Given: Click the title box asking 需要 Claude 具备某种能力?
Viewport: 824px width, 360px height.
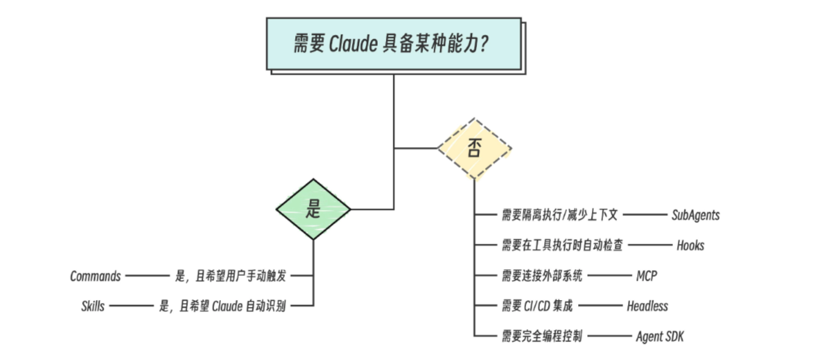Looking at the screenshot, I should pyautogui.click(x=393, y=44).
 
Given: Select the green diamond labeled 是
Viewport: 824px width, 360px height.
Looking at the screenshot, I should pyautogui.click(x=313, y=209).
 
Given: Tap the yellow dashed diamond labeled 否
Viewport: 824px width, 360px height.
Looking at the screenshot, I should pyautogui.click(x=474, y=148).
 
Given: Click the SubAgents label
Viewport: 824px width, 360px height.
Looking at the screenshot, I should pyautogui.click(x=696, y=215).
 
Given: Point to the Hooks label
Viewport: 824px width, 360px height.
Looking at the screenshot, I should pyautogui.click(x=690, y=245).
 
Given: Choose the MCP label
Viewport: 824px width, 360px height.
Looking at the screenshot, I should pyautogui.click(x=646, y=276).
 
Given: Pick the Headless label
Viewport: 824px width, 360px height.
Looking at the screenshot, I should pyautogui.click(x=647, y=306).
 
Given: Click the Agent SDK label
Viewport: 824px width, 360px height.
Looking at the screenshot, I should pyautogui.click(x=660, y=336).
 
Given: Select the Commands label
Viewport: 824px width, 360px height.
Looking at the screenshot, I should pyautogui.click(x=95, y=276).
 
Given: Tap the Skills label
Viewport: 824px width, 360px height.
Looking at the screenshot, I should pyautogui.click(x=92, y=306).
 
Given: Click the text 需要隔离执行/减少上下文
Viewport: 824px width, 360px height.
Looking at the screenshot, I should pyautogui.click(x=559, y=215).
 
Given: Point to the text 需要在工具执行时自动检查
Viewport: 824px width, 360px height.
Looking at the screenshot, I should pyautogui.click(x=562, y=245).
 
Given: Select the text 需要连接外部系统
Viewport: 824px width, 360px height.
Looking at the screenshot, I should pyautogui.click(x=542, y=276).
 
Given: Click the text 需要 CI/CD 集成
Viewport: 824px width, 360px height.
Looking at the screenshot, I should pyautogui.click(x=537, y=306).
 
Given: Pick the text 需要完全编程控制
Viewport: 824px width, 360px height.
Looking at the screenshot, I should pyautogui.click(x=542, y=336).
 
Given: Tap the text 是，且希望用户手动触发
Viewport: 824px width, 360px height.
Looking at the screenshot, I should pyautogui.click(x=233, y=276).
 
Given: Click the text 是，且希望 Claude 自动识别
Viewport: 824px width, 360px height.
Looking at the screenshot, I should pyautogui.click(x=222, y=306).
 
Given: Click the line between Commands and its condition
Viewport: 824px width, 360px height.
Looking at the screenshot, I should pyautogui.click(x=146, y=276).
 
